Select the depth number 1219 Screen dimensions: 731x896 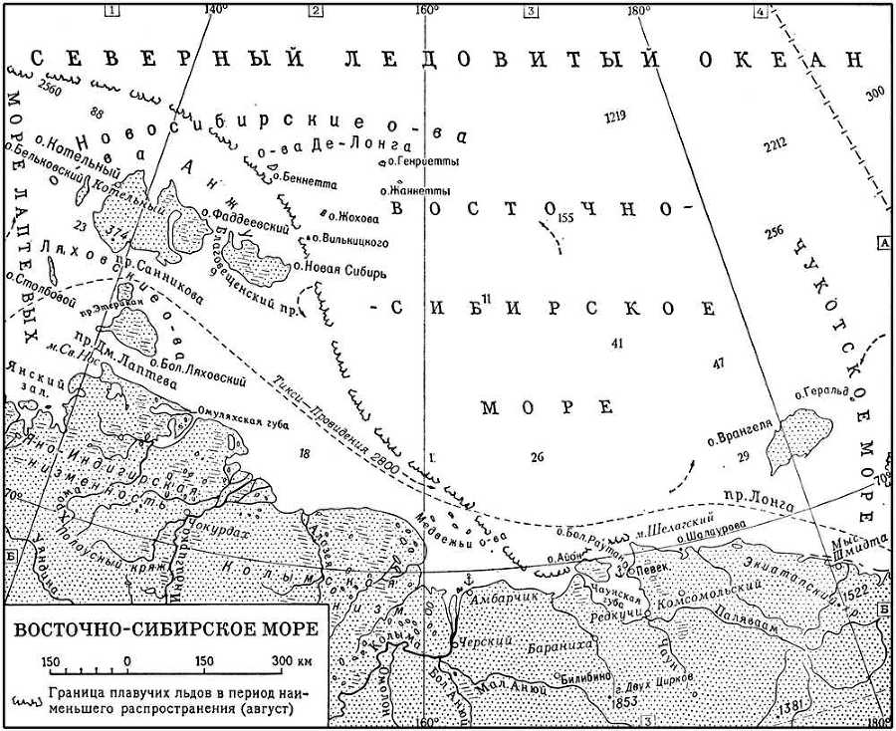(x=615, y=118)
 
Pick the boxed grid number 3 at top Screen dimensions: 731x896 (x=531, y=11)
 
